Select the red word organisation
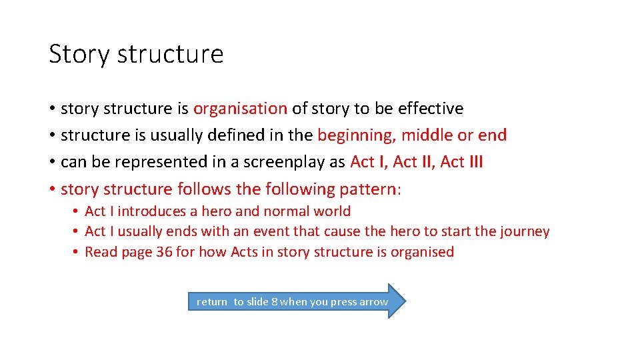coord(240,109)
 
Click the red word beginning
coord(355,135)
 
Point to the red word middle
coord(427,135)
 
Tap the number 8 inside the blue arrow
coord(274,302)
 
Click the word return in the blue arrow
coord(212,302)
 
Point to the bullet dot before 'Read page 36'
coord(77,252)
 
